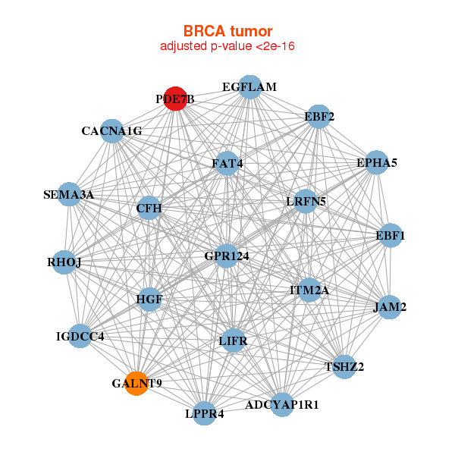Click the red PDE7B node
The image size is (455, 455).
coord(175,99)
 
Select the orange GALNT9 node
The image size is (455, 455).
coord(136,383)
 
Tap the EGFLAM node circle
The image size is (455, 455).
coord(249,87)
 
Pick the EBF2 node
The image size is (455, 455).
coord(319,116)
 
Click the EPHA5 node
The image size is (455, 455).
coord(377,163)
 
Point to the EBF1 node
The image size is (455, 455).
coord(391,236)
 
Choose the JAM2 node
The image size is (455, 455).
coord(390,307)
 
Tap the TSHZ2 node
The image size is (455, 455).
coord(344,367)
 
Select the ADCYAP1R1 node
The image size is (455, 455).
coord(282,405)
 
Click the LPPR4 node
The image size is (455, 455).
coord(204,413)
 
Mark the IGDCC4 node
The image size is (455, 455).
coord(80,335)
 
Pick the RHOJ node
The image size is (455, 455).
coord(64,262)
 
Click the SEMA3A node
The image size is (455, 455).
coord(69,195)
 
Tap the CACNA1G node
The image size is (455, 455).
coord(112,131)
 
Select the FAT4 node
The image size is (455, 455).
coord(227,163)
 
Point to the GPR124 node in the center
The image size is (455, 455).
coord(227,256)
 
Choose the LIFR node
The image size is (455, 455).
coord(234,340)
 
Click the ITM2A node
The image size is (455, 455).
coord(309,290)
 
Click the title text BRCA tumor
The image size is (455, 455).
coord(227,31)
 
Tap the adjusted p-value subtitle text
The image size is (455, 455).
coord(227,46)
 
